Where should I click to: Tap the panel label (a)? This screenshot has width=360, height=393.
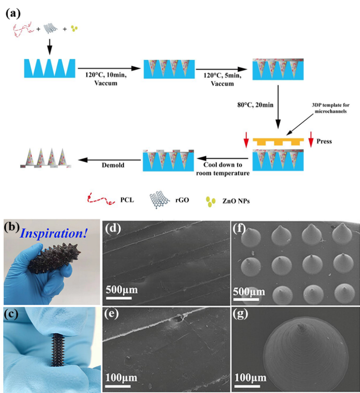[13, 15]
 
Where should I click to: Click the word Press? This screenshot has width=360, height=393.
[324, 141]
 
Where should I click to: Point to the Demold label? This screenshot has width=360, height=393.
[113, 165]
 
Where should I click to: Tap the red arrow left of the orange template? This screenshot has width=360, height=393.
[246, 139]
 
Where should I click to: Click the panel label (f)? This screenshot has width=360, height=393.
[240, 228]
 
